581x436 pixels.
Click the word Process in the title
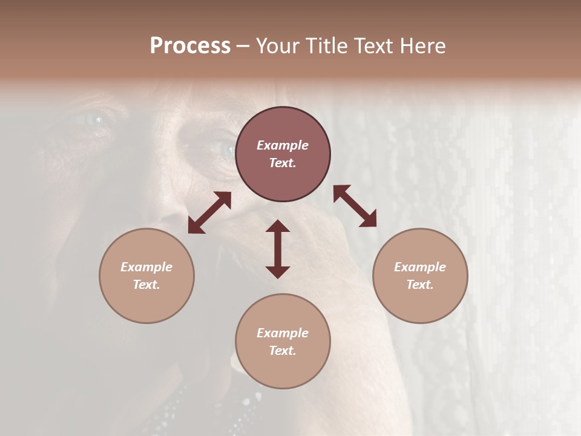[x=190, y=46]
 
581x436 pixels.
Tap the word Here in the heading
[x=422, y=46]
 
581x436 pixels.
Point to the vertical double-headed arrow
[x=278, y=249]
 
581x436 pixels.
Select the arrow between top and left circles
[x=209, y=213]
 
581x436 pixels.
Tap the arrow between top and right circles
[x=355, y=206]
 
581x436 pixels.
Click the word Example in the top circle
[x=283, y=145]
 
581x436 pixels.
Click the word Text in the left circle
[x=146, y=285]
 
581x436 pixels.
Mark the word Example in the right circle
[x=420, y=267]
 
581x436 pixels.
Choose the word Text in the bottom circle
[x=283, y=351]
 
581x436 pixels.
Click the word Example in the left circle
[x=146, y=267]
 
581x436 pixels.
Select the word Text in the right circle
[x=420, y=285]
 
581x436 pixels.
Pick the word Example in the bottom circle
[x=283, y=333]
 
